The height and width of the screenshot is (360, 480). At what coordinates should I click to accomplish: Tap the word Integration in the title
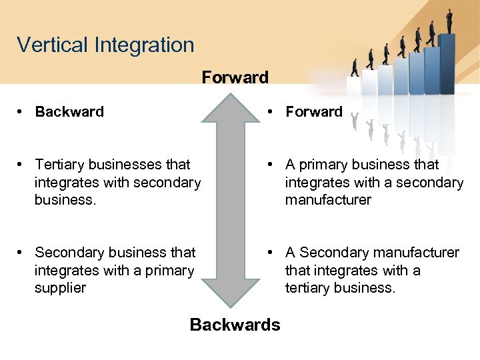point(144,45)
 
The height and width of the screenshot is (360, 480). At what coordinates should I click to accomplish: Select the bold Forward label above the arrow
point(235,77)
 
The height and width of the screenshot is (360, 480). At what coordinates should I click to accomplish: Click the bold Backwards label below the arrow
point(235,325)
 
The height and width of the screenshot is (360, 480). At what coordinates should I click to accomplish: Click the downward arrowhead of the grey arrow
point(233,293)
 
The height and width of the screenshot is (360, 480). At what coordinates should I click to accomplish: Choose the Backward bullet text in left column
point(69,112)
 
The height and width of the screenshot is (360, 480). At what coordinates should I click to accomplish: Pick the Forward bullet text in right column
point(314,112)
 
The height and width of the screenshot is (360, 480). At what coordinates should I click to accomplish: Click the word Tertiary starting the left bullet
point(62,165)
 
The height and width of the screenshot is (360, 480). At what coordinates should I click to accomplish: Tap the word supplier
point(61,288)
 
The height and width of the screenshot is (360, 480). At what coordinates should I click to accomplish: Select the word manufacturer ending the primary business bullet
point(328,200)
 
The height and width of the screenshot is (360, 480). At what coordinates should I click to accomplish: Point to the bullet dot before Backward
point(21,112)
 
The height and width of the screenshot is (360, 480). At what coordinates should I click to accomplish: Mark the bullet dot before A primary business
point(271,165)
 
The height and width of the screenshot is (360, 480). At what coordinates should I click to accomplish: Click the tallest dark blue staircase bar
point(447,63)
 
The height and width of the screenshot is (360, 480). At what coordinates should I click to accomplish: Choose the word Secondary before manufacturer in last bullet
point(334,253)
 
